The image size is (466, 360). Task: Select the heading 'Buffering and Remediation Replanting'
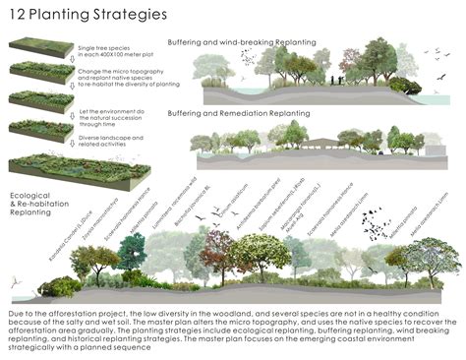pyautogui.click(x=253, y=114)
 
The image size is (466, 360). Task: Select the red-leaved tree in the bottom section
pyautogui.click(x=217, y=251)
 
